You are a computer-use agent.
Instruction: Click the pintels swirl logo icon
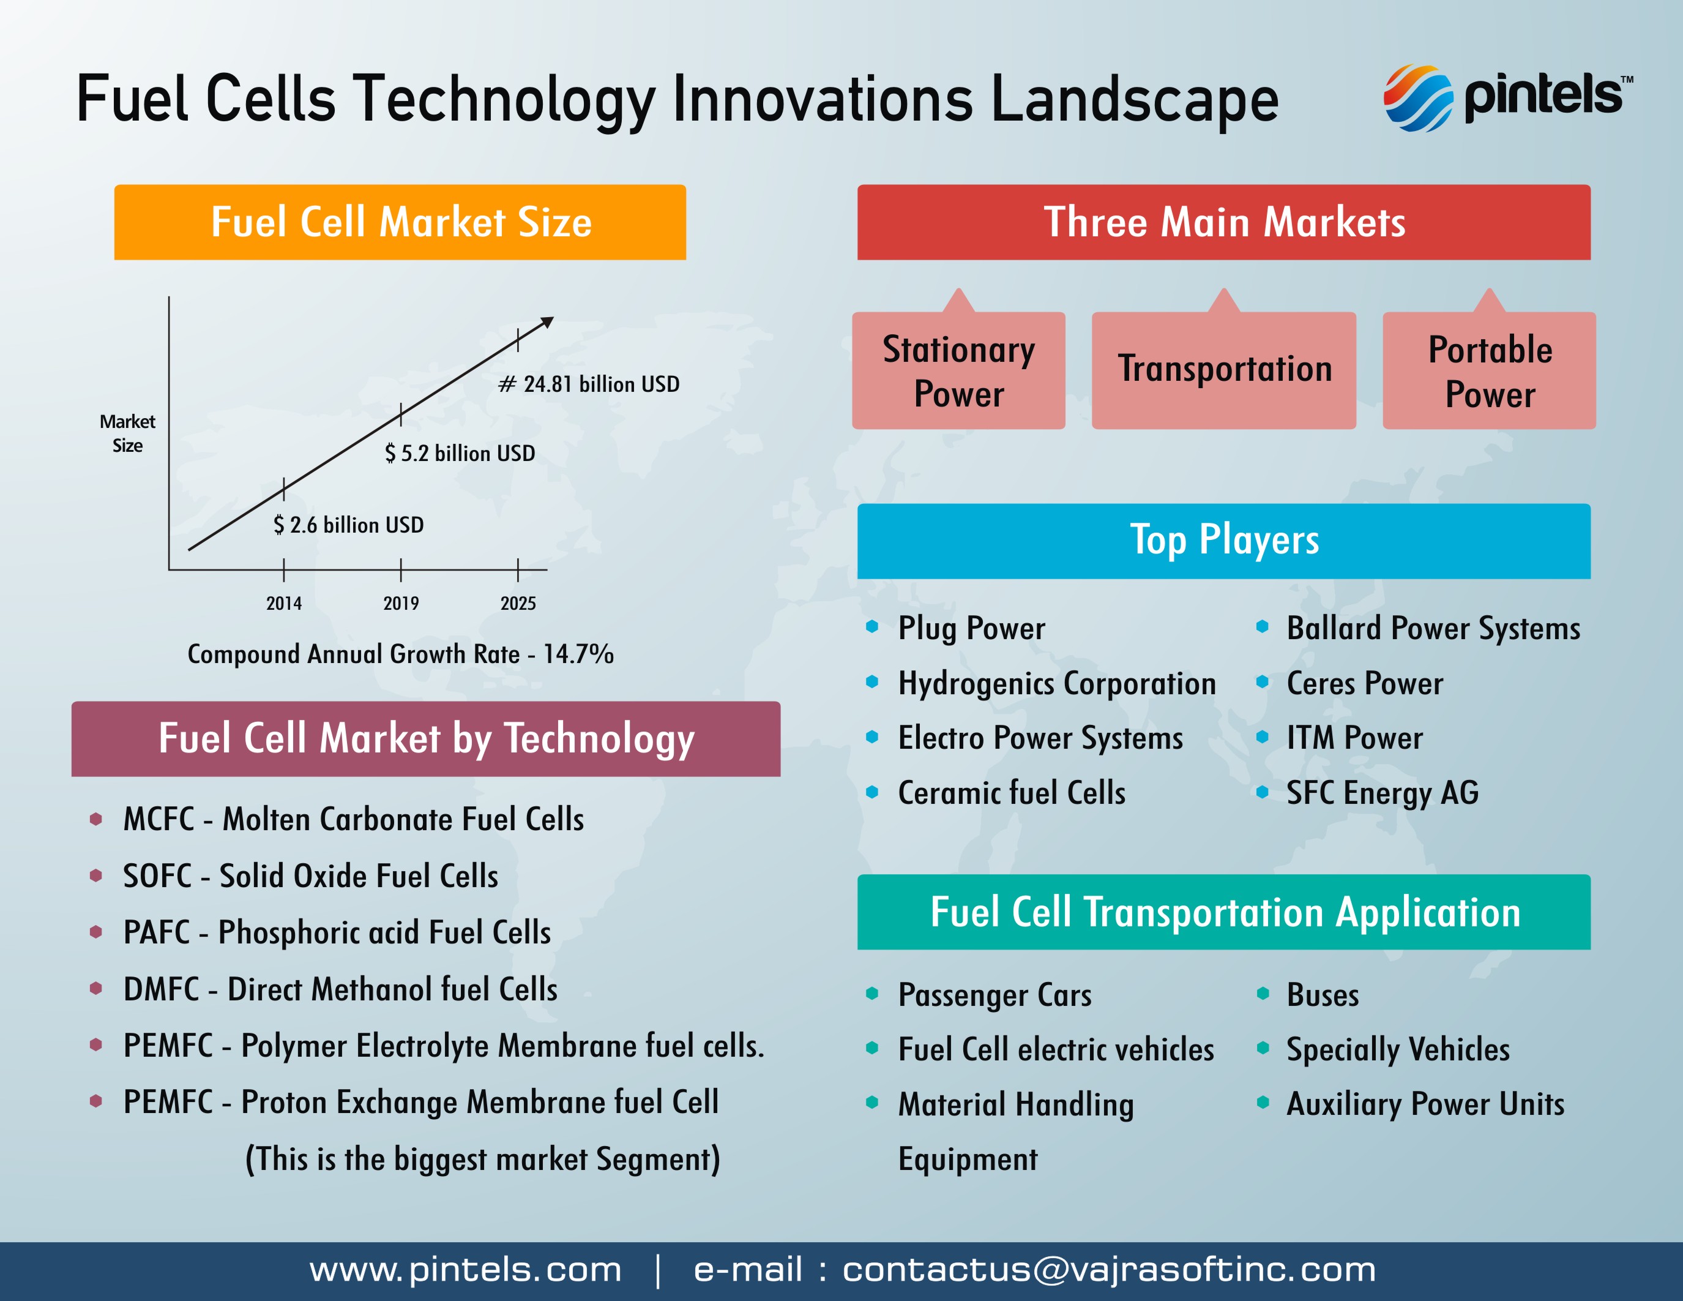pyautogui.click(x=1418, y=98)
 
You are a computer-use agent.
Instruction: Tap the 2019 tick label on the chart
pyautogui.click(x=401, y=604)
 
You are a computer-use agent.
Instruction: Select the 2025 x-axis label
pyautogui.click(x=518, y=604)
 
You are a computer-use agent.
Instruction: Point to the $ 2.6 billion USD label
pyautogui.click(x=348, y=525)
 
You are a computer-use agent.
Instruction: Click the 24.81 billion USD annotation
pyautogui.click(x=589, y=384)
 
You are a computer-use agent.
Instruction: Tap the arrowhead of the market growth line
pyautogui.click(x=547, y=322)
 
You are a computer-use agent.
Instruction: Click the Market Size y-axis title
pyautogui.click(x=127, y=433)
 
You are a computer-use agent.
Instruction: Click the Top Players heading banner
pyautogui.click(x=1224, y=541)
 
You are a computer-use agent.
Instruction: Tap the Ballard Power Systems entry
pyautogui.click(x=1433, y=629)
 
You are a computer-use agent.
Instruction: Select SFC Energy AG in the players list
pyautogui.click(x=1383, y=793)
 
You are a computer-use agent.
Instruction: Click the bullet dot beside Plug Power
pyautogui.click(x=872, y=626)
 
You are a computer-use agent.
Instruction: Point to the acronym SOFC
pyautogui.click(x=157, y=876)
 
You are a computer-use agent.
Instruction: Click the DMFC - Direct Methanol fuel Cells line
pyautogui.click(x=340, y=989)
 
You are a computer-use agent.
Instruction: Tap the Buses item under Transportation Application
pyautogui.click(x=1323, y=995)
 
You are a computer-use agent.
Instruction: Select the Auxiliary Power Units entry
pyautogui.click(x=1425, y=1104)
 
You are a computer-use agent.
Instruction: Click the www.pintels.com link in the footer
pyautogui.click(x=466, y=1269)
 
